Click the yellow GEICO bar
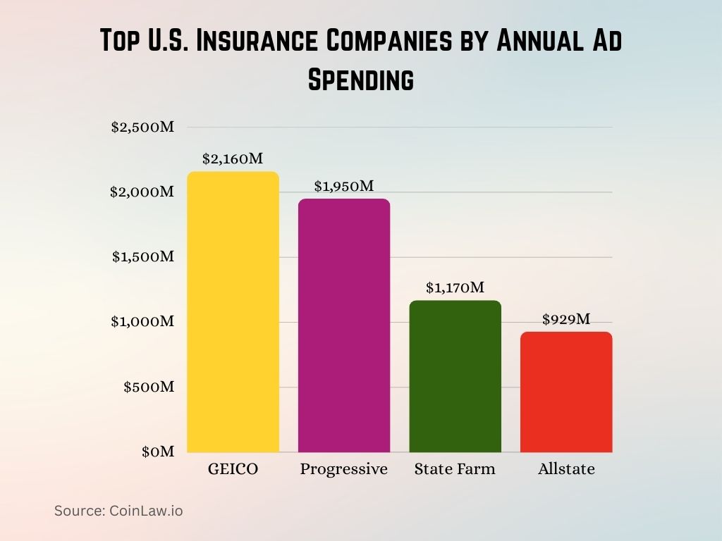233,312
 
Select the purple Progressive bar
344,325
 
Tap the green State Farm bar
455,376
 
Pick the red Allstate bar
566,392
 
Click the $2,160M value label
232,159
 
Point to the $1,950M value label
343,186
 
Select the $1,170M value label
455,287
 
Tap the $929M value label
566,319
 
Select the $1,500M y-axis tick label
142,257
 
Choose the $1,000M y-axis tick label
142,322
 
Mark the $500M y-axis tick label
148,387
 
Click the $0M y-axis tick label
157,452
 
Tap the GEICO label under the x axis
233,469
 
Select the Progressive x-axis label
344,469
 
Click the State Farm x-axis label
455,469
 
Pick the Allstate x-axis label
566,469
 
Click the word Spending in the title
360,80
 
